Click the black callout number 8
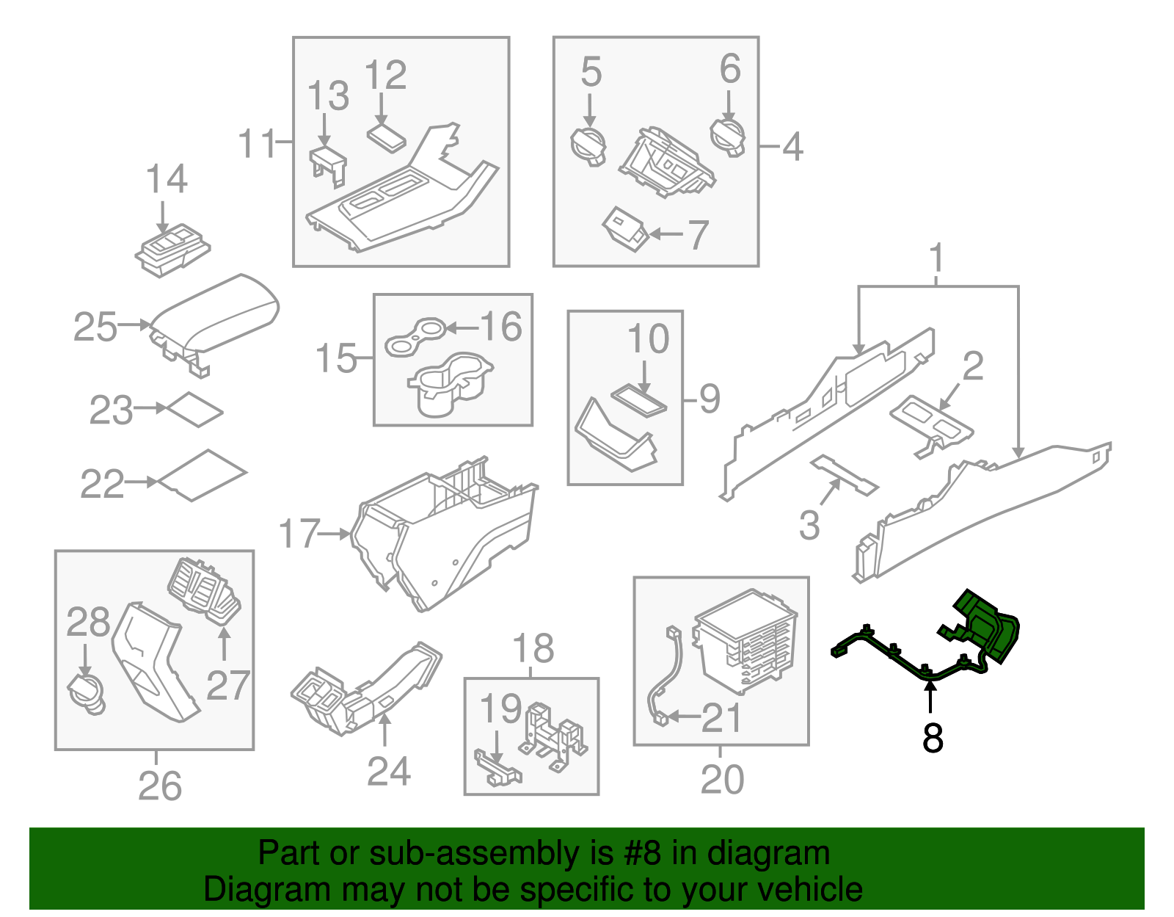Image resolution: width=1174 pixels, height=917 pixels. pyautogui.click(x=932, y=738)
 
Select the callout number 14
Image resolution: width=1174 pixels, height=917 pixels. pyautogui.click(x=167, y=179)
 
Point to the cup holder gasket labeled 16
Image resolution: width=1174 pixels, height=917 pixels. pyautogui.click(x=416, y=336)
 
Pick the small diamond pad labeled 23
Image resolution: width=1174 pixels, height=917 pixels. pyautogui.click(x=195, y=410)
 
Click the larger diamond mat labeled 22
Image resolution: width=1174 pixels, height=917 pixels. pyautogui.click(x=203, y=475)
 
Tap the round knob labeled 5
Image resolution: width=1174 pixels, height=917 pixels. pyautogui.click(x=588, y=145)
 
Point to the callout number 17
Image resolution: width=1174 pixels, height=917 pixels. pyautogui.click(x=299, y=534)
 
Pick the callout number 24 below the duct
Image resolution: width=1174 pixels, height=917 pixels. pyautogui.click(x=388, y=771)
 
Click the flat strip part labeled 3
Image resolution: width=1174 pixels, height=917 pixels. pyautogui.click(x=844, y=475)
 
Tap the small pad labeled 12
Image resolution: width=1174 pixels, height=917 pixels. pyautogui.click(x=386, y=137)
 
